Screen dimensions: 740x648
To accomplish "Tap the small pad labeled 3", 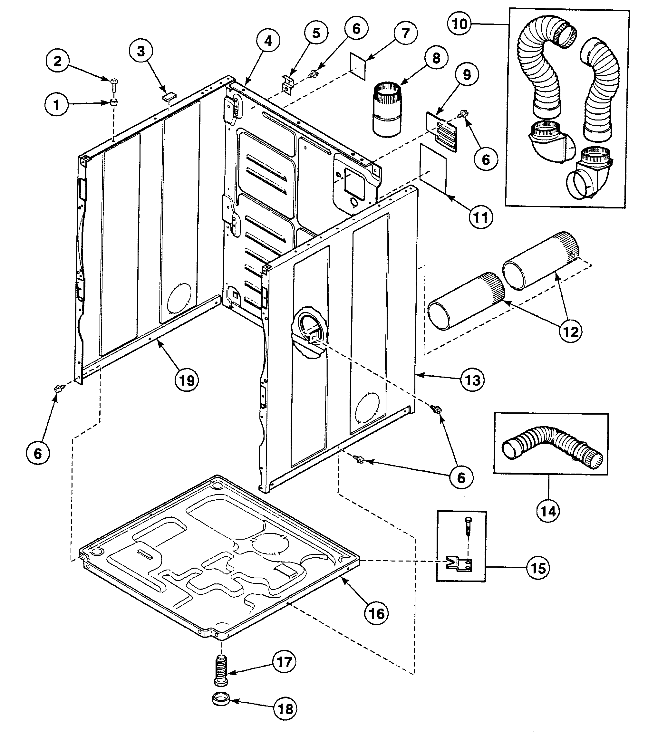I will tap(168, 96).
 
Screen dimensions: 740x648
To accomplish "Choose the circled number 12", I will tap(571, 331).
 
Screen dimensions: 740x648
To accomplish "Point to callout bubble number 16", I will tap(376, 613).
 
